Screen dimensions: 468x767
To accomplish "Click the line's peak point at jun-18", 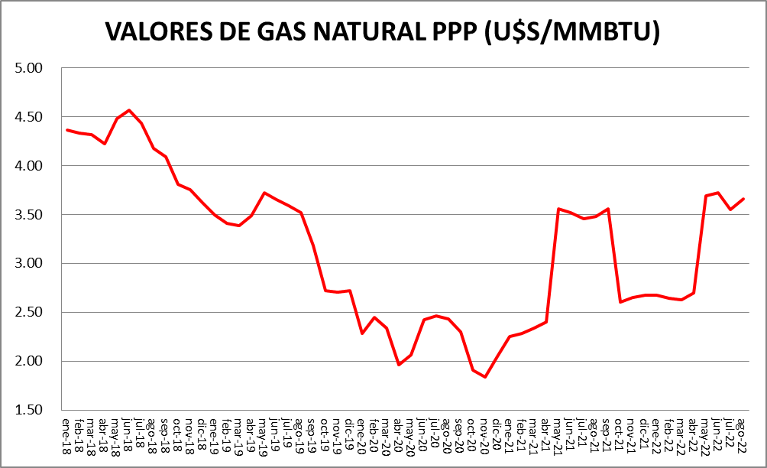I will [x=129, y=110].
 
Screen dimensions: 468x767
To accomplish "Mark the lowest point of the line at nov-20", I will [x=484, y=377].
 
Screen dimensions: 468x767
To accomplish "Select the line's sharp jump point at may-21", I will [x=558, y=209].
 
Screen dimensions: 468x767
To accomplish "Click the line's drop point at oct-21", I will [x=620, y=302].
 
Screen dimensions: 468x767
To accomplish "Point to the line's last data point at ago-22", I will [x=743, y=199].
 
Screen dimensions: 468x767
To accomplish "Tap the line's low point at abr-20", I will [x=399, y=365].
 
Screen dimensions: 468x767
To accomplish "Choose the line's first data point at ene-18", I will [x=67, y=130].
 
